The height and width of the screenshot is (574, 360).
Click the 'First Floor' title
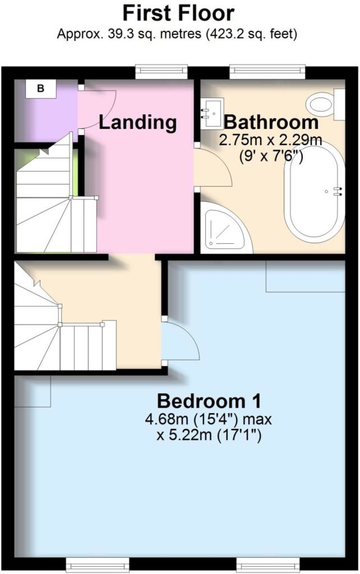pyautogui.click(x=179, y=13)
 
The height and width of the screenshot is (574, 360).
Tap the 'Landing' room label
pyautogui.click(x=138, y=122)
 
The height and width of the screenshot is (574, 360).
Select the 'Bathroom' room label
pyautogui.click(x=271, y=122)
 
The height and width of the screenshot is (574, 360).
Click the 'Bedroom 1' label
pyautogui.click(x=209, y=400)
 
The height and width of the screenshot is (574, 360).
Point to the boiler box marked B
pyautogui.click(x=41, y=88)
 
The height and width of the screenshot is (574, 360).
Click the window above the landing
pyautogui.click(x=160, y=72)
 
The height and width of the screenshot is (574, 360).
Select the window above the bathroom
pyautogui.click(x=267, y=72)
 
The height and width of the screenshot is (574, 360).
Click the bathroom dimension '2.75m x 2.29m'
pyautogui.click(x=270, y=142)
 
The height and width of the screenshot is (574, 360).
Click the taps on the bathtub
pyautogui.click(x=339, y=191)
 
